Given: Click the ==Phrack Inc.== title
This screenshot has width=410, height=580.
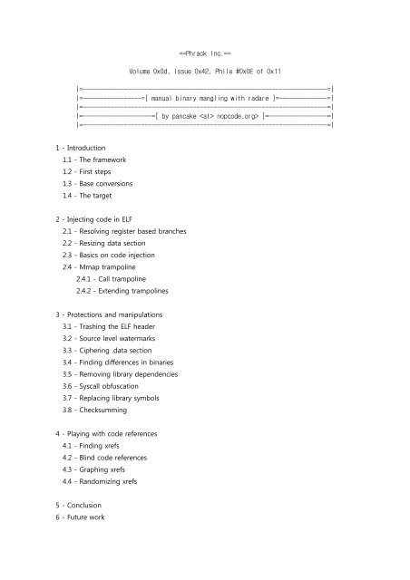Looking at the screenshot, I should [x=206, y=53].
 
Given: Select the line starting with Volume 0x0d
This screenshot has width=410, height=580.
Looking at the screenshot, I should [x=205, y=70].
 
